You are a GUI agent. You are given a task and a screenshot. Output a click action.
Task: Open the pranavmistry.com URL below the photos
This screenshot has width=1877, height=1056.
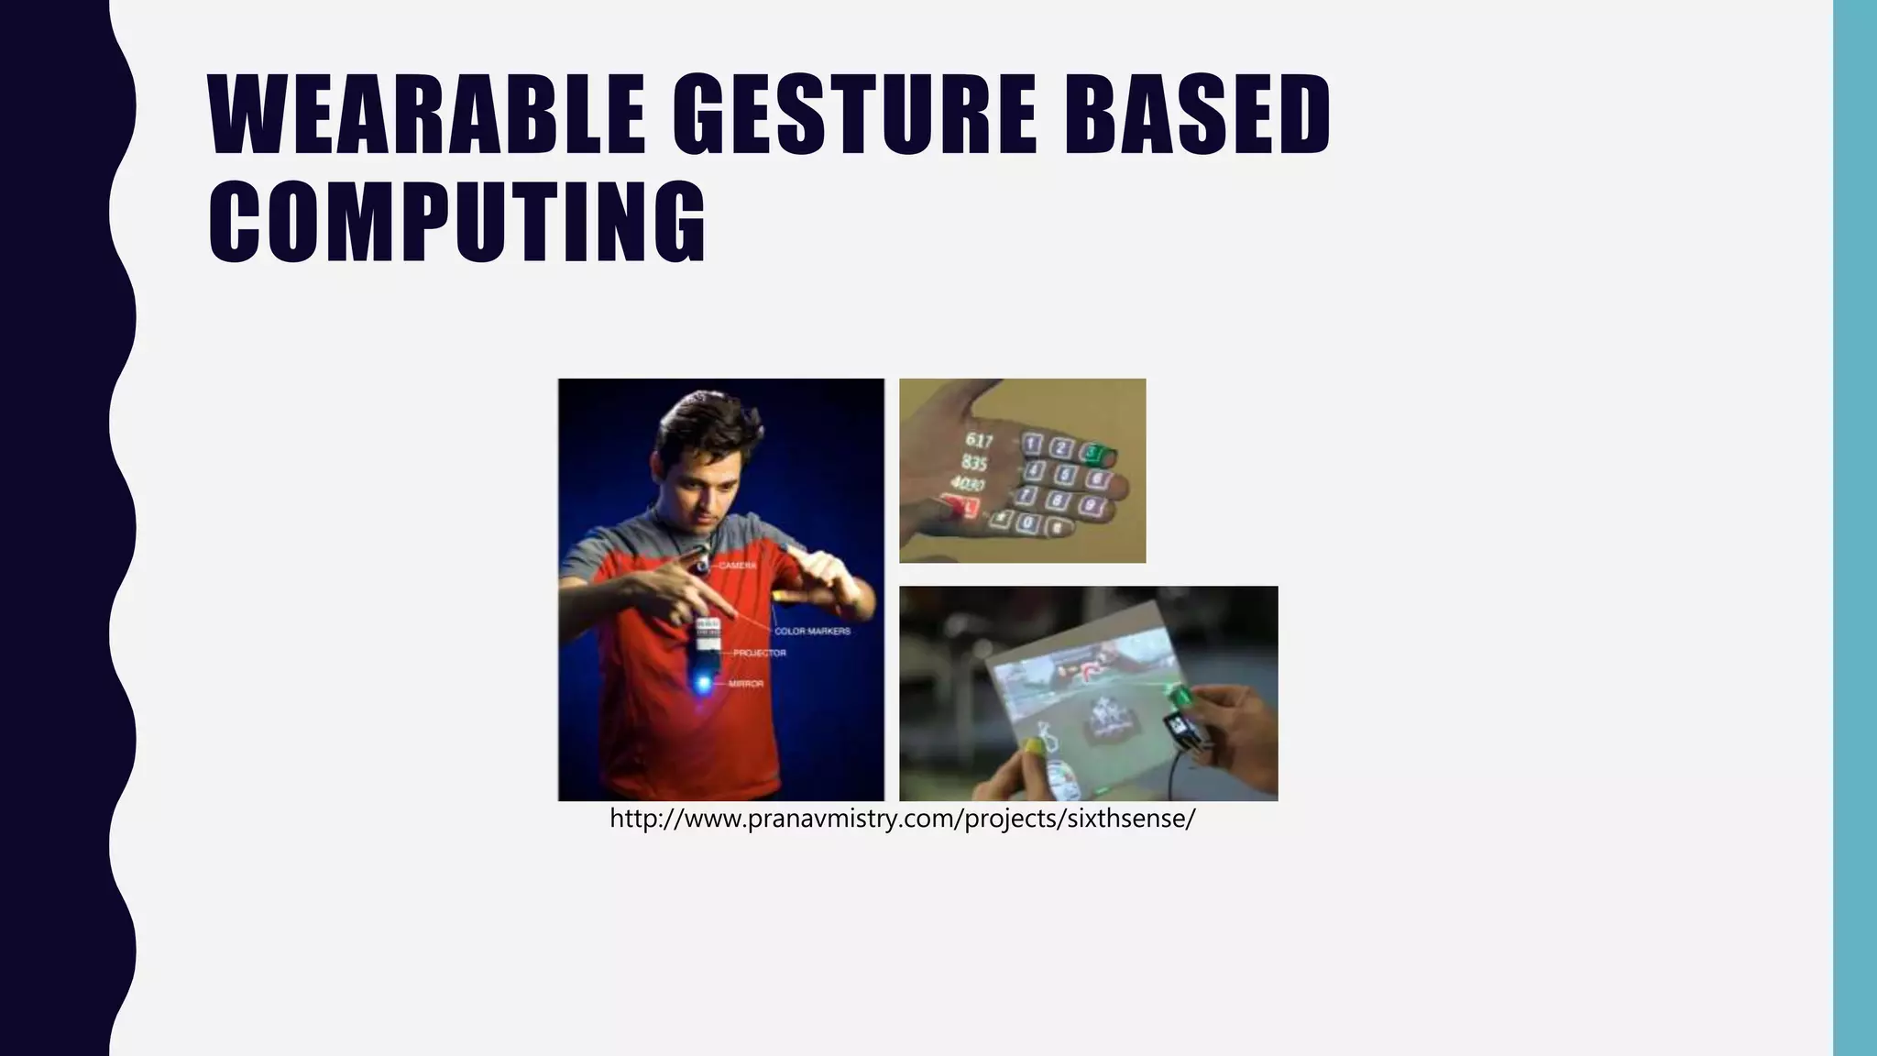902,819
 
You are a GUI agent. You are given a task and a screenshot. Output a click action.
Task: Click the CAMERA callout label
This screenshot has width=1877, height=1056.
737,566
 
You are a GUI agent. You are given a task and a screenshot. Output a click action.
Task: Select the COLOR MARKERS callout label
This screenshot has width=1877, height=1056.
812,631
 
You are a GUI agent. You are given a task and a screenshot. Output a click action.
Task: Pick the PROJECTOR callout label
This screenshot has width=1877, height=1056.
759,653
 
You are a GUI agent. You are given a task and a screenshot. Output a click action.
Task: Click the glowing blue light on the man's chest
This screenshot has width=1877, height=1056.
704,683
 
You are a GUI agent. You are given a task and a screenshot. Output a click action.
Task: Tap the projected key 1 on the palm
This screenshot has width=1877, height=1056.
1033,445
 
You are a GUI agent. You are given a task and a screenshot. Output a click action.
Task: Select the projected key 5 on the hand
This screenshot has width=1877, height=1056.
1065,475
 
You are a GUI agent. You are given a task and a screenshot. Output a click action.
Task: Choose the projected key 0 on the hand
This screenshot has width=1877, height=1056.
1029,523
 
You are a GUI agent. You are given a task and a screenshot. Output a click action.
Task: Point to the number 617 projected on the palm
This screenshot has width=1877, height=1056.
979,441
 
